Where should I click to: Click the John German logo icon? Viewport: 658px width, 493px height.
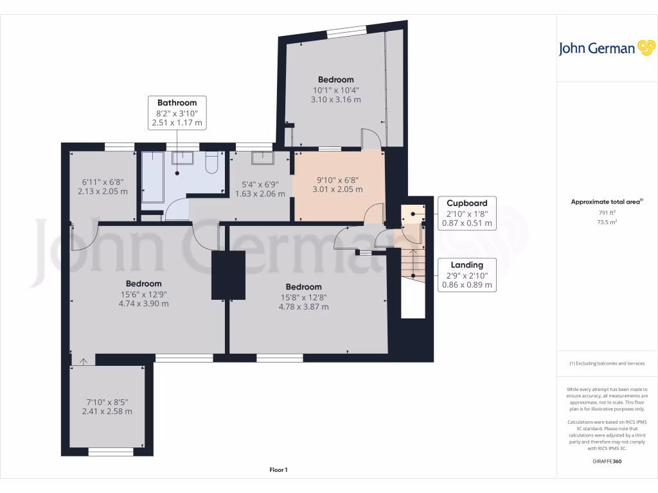tap(645, 48)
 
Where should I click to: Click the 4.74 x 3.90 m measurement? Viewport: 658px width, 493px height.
tap(143, 304)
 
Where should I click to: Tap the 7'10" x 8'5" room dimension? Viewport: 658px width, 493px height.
tap(107, 401)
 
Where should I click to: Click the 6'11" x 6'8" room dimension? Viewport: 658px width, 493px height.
tap(102, 182)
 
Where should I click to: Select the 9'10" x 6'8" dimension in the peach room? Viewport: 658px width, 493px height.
tap(337, 180)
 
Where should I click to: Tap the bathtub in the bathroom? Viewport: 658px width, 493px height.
tap(152, 177)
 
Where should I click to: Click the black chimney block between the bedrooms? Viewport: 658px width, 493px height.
tap(229, 275)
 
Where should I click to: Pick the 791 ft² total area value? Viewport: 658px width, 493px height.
tap(607, 212)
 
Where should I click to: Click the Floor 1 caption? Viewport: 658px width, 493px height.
tap(278, 471)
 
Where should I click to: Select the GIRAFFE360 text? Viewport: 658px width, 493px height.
tap(607, 462)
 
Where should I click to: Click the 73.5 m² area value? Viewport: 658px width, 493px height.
tap(607, 221)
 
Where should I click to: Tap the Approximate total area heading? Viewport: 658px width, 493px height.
tap(607, 202)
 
